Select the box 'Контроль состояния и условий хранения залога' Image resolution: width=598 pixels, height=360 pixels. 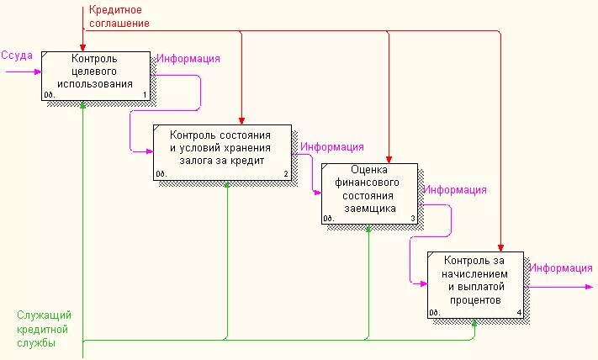222,151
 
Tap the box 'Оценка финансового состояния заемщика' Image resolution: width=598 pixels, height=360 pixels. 368,193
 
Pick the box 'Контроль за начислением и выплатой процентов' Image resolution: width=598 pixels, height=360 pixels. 474,284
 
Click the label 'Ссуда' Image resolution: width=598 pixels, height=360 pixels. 17,56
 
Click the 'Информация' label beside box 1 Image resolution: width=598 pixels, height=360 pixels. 188,59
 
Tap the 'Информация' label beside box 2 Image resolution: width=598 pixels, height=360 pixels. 332,147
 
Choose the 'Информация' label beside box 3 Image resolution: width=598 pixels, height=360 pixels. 455,190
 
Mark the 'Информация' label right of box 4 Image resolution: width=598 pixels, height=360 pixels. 561,268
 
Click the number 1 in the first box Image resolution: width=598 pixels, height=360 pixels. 145,95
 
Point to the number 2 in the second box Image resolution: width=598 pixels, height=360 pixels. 286,175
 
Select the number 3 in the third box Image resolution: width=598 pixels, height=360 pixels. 412,219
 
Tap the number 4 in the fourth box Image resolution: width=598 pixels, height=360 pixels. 518,314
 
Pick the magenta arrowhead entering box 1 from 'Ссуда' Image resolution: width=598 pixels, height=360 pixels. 38,71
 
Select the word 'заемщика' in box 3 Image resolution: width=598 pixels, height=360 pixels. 368,209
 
